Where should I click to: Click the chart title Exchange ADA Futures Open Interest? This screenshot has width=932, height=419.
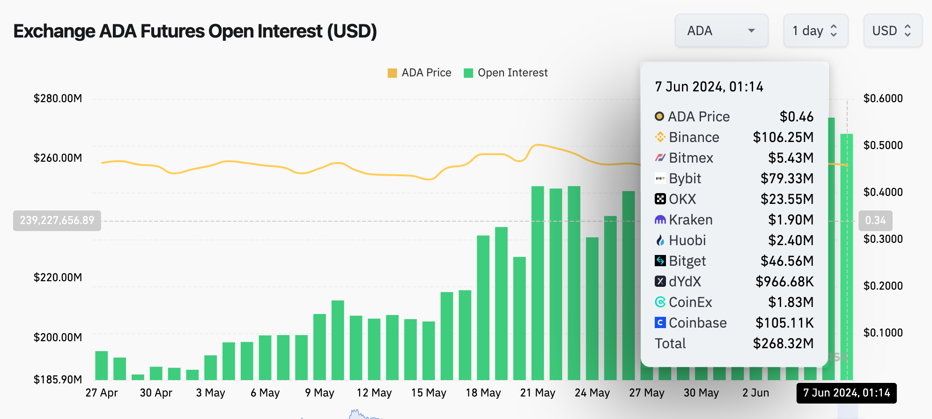pyautogui.click(x=195, y=31)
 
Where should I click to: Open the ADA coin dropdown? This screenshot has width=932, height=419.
pyautogui.click(x=721, y=31)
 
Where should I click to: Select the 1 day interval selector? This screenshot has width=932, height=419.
pyautogui.click(x=815, y=31)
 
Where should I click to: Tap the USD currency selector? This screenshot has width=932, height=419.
pyautogui.click(x=892, y=31)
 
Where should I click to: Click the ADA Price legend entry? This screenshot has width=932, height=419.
pyautogui.click(x=420, y=73)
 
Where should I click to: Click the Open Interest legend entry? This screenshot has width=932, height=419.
pyautogui.click(x=506, y=73)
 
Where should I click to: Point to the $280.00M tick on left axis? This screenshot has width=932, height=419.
pyautogui.click(x=58, y=98)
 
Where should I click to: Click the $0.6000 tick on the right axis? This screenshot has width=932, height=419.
pyautogui.click(x=883, y=98)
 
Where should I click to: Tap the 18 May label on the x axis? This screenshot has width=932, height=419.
pyautogui.click(x=483, y=393)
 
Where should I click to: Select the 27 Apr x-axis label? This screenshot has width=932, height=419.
pyautogui.click(x=101, y=393)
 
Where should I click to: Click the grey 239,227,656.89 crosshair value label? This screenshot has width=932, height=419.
pyautogui.click(x=57, y=220)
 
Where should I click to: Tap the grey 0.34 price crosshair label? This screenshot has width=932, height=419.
pyautogui.click(x=875, y=220)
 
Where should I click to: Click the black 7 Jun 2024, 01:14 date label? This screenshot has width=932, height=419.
pyautogui.click(x=846, y=393)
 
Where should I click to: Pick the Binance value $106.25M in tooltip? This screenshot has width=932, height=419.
pyautogui.click(x=783, y=137)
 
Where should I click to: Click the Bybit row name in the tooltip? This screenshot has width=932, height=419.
pyautogui.click(x=685, y=179)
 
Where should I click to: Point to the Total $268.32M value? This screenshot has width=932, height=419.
pyautogui.click(x=783, y=344)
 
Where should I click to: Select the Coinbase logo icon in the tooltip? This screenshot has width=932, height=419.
pyautogui.click(x=660, y=323)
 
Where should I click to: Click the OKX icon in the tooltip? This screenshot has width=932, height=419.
pyautogui.click(x=660, y=199)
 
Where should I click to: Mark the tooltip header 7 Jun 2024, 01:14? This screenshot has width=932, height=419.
pyautogui.click(x=709, y=87)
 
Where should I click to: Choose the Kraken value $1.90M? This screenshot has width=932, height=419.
pyautogui.click(x=791, y=220)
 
